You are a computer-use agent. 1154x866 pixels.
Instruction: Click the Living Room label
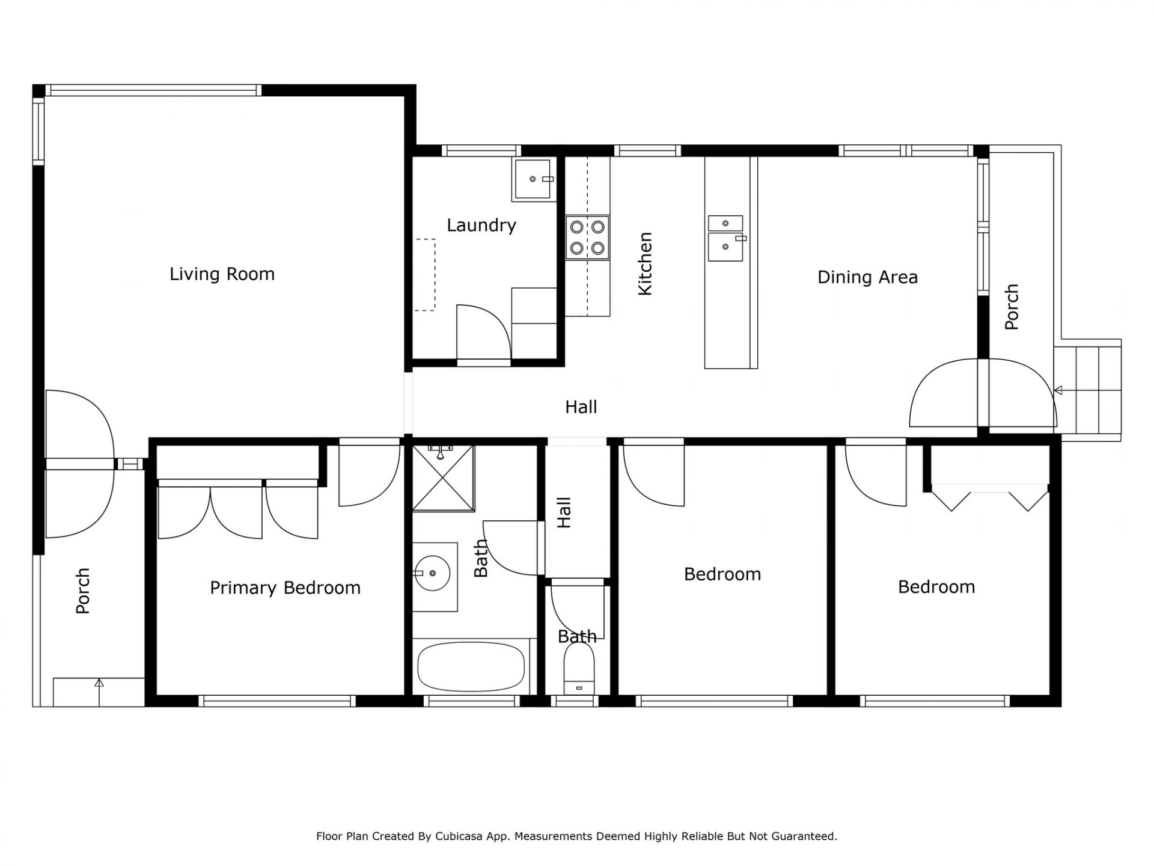(222, 274)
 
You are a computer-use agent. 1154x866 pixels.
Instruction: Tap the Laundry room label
(481, 226)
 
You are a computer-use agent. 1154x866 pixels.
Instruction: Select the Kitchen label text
(645, 264)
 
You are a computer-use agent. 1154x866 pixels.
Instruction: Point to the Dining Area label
(867, 277)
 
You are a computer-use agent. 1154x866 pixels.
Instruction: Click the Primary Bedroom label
(285, 588)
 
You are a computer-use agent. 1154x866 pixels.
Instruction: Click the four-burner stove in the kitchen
(587, 238)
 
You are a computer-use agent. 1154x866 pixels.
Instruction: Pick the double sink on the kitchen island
(725, 238)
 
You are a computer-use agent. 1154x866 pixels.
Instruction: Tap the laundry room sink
(532, 179)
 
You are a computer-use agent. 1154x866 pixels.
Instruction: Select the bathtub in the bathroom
(471, 666)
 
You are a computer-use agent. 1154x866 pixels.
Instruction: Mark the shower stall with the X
(443, 478)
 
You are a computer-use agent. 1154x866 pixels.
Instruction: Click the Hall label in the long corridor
(581, 407)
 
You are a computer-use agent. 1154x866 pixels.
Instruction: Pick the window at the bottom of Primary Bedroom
(277, 701)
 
